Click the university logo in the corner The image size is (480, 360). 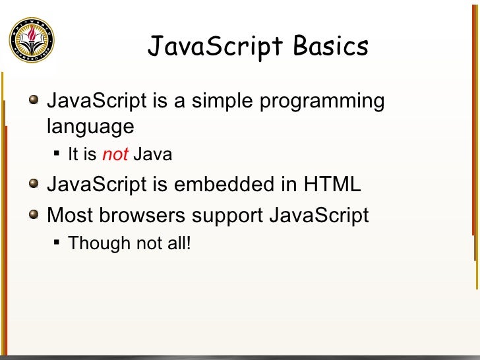(x=32, y=40)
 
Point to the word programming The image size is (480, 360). (x=324, y=102)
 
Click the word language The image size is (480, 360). (x=90, y=126)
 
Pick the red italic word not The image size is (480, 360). (x=115, y=155)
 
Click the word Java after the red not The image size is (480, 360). (x=152, y=155)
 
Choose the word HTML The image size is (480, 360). (x=332, y=185)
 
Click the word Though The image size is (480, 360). (x=100, y=244)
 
